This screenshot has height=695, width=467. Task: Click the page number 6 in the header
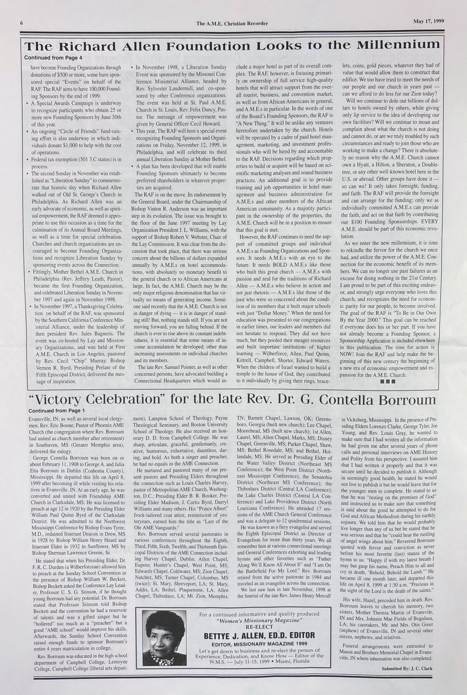pyautogui.click(x=22, y=23)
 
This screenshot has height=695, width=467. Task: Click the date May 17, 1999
pyautogui.click(x=428, y=21)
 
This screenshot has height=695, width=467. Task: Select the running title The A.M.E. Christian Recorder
pyautogui.click(x=232, y=24)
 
